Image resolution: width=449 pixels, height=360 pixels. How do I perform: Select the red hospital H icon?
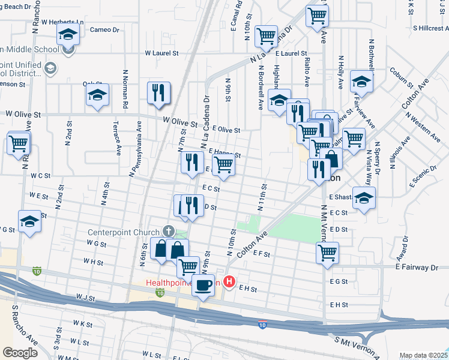(x=229, y=281)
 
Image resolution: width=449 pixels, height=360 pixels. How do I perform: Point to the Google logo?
(x=19, y=353)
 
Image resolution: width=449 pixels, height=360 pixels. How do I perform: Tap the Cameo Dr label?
(x=105, y=29)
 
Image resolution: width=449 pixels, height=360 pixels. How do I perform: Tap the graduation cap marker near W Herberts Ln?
(x=69, y=35)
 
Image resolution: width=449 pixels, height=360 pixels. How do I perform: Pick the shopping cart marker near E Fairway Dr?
(x=328, y=253)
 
